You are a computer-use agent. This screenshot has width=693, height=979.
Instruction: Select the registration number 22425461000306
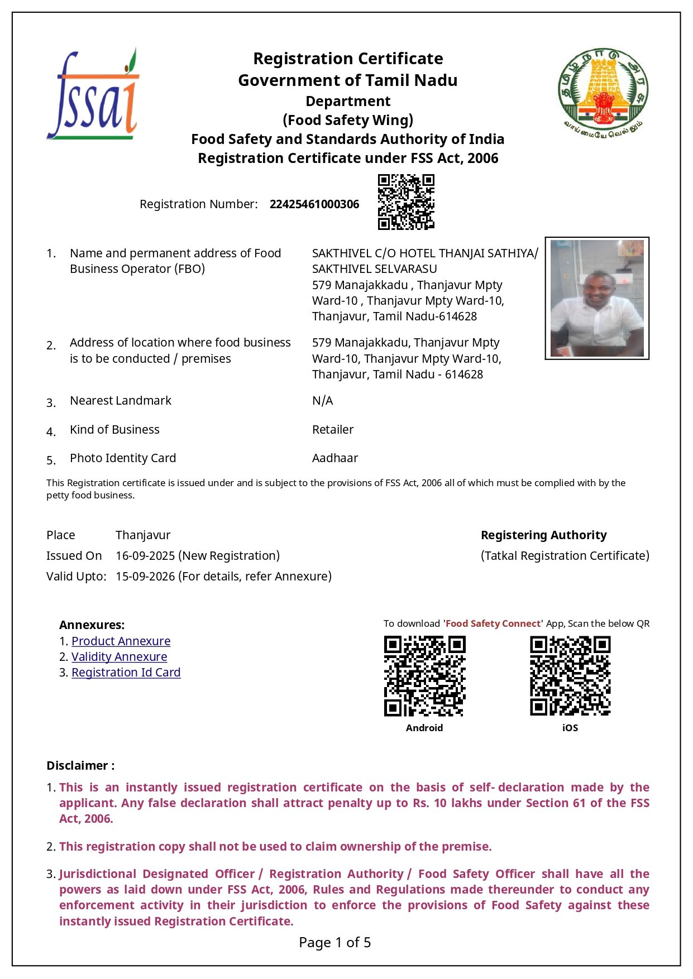(x=314, y=204)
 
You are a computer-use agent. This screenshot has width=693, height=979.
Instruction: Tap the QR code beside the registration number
(x=406, y=202)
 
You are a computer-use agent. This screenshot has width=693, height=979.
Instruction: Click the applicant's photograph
(x=597, y=299)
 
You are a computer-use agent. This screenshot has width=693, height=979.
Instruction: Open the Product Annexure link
(x=121, y=641)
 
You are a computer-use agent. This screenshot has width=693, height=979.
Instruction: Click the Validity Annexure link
(x=119, y=657)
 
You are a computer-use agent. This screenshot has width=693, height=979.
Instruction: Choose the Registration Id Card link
(x=126, y=673)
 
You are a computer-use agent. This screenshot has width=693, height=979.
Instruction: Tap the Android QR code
(x=424, y=676)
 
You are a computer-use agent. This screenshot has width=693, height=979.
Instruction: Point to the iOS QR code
(x=570, y=676)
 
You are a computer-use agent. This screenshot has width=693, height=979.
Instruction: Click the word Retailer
(x=333, y=430)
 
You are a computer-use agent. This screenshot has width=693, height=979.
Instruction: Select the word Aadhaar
(x=335, y=458)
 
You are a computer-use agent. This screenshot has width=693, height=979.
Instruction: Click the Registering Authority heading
(x=543, y=535)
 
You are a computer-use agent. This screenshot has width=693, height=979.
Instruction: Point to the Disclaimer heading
(x=80, y=766)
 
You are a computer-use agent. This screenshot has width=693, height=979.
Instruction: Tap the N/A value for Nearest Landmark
(x=322, y=401)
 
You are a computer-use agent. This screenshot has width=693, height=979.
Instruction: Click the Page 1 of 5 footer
(x=334, y=943)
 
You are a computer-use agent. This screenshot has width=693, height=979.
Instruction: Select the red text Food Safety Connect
(x=493, y=624)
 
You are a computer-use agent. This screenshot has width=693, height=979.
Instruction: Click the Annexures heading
(x=92, y=625)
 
